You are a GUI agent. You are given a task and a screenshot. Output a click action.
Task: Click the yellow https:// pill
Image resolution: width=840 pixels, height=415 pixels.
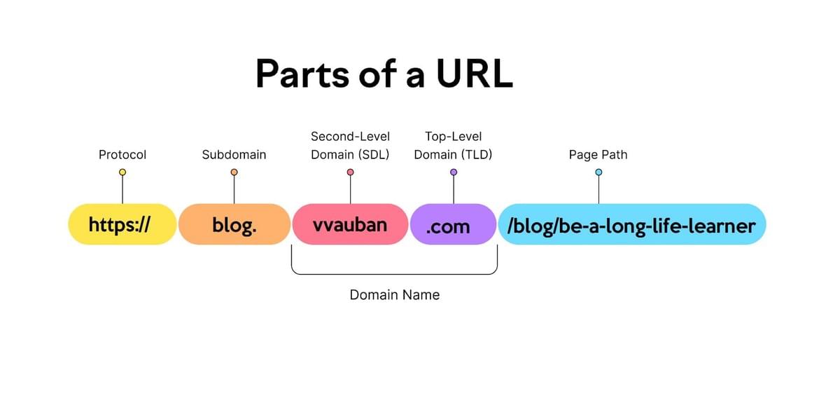pyautogui.click(x=122, y=224)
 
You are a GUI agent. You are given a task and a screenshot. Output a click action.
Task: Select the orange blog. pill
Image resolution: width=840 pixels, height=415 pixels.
pyautogui.click(x=234, y=224)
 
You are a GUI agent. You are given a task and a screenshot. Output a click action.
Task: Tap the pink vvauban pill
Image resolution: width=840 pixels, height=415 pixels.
pyautogui.click(x=350, y=224)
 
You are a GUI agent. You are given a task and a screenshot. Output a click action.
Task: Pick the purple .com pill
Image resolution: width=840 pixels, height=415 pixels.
pyautogui.click(x=453, y=224)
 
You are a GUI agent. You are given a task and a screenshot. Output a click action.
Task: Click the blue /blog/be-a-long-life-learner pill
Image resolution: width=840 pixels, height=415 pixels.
pyautogui.click(x=631, y=224)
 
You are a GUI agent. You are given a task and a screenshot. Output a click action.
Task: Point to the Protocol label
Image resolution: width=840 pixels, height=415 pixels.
pyautogui.click(x=122, y=154)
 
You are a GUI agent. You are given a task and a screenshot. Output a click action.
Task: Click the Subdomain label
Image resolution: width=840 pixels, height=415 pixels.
pyautogui.click(x=234, y=154)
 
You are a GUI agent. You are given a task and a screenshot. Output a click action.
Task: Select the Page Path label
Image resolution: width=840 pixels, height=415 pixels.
pyautogui.click(x=598, y=154)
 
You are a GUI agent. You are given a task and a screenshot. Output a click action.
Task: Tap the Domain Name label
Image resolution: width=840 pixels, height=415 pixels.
pyautogui.click(x=395, y=295)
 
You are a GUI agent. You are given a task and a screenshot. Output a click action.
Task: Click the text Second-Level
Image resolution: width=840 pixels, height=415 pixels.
pyautogui.click(x=350, y=136)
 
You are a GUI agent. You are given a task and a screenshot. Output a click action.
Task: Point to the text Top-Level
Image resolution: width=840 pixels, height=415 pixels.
pyautogui.click(x=453, y=136)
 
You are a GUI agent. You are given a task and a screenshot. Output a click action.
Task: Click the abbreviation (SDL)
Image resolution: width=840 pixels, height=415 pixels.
pyautogui.click(x=372, y=154)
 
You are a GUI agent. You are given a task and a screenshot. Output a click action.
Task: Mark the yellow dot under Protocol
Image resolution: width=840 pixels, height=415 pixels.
pyautogui.click(x=122, y=172)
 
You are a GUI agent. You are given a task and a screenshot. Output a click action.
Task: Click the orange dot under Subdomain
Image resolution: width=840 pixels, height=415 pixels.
pyautogui.click(x=234, y=172)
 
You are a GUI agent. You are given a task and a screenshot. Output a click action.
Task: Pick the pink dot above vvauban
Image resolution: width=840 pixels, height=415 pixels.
pyautogui.click(x=350, y=172)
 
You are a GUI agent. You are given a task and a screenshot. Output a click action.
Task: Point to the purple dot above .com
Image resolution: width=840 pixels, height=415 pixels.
pyautogui.click(x=453, y=172)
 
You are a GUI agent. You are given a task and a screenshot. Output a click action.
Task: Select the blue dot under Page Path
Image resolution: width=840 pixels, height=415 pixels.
pyautogui.click(x=598, y=172)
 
